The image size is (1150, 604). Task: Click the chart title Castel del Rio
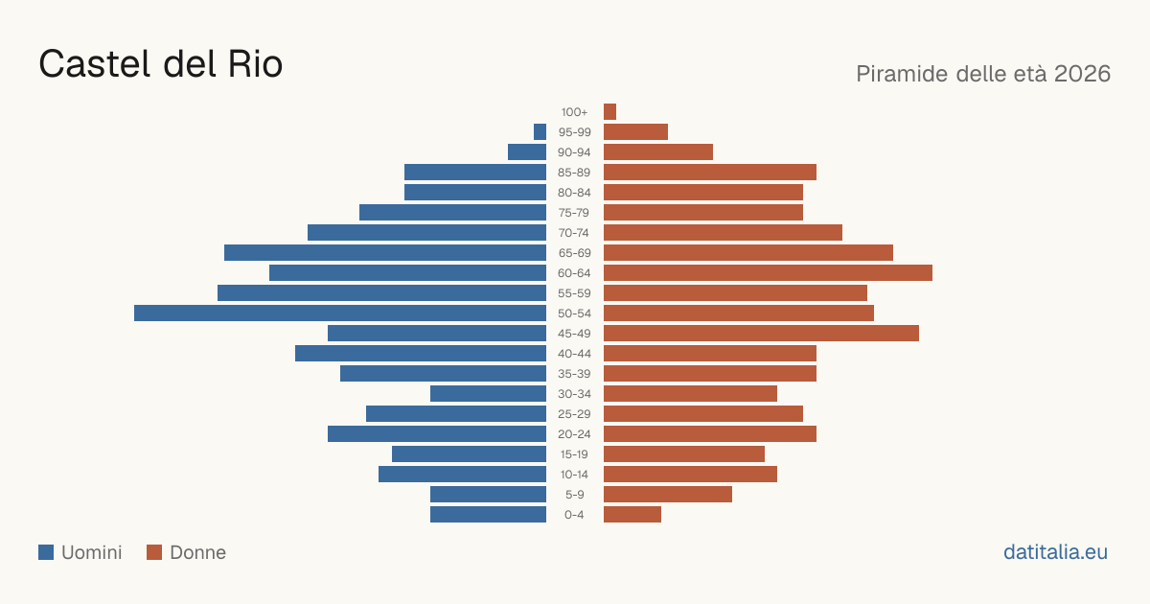pos(161,64)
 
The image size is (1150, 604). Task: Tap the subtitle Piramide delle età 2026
pos(983,74)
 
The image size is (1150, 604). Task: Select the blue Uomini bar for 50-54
pos(340,314)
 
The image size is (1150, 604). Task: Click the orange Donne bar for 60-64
pos(768,272)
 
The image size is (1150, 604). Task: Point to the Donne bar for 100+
pos(609,111)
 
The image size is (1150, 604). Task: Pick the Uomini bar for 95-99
pos(540,132)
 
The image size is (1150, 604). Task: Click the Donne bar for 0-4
pos(632,515)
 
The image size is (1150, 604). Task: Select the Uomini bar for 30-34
pos(488,394)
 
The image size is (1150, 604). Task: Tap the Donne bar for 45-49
pos(761,334)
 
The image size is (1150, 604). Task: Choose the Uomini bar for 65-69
pos(385,253)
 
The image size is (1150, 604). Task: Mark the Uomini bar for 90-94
pos(527,152)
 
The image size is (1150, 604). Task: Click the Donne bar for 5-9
pos(668,495)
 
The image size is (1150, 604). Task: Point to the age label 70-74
pos(574,233)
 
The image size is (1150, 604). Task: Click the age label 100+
pos(574,112)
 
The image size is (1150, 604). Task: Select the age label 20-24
pos(574,434)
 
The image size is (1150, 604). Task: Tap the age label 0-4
pos(574,515)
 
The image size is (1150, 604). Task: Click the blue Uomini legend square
pos(46,552)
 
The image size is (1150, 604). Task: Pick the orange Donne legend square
pos(154,552)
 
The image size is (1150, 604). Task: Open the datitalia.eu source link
pos(1055,552)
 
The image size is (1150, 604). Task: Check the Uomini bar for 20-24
pos(437,434)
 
